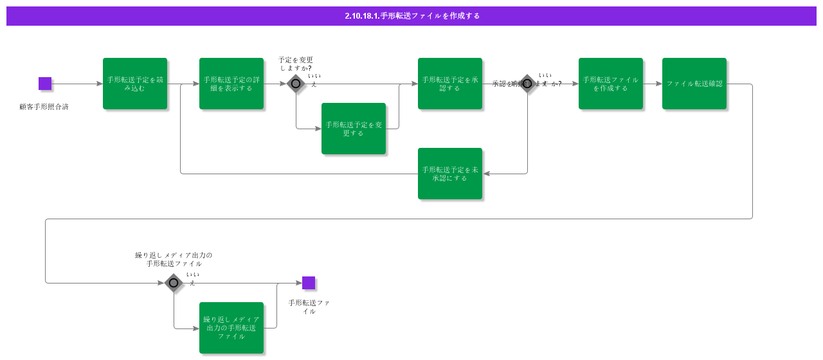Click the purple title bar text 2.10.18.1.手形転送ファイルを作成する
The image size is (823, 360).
click(x=411, y=16)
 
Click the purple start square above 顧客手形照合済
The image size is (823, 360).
click(x=45, y=84)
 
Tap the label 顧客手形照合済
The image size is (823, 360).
click(x=44, y=107)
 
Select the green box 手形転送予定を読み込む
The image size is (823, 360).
click(x=135, y=84)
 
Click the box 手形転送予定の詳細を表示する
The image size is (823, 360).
click(x=231, y=84)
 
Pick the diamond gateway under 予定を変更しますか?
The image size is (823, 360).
click(x=296, y=84)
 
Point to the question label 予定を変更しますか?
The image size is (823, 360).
click(x=296, y=64)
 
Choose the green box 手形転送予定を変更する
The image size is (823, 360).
click(x=354, y=129)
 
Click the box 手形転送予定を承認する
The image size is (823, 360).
click(x=450, y=84)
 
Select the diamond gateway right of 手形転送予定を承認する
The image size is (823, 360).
click(x=527, y=84)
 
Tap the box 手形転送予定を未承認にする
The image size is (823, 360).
click(x=450, y=174)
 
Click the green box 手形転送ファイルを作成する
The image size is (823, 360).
click(x=611, y=84)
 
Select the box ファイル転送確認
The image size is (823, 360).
click(x=694, y=84)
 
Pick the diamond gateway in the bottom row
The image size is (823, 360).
click(x=174, y=283)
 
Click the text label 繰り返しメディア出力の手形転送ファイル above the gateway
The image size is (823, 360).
click(x=174, y=259)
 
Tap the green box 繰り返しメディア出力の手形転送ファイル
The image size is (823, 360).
click(x=231, y=328)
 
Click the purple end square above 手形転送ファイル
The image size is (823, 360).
click(x=309, y=283)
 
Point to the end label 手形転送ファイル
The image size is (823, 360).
click(x=309, y=307)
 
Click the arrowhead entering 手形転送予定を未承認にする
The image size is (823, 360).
click(x=486, y=174)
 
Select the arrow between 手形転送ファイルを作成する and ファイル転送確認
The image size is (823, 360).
click(x=653, y=84)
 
